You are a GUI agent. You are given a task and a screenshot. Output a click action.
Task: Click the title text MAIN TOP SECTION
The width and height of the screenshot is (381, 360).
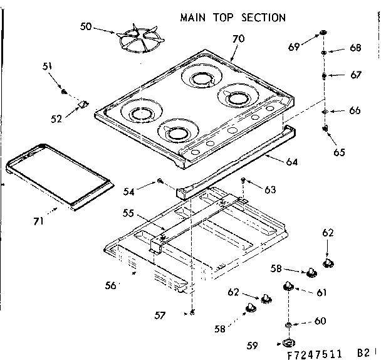[x=232, y=18]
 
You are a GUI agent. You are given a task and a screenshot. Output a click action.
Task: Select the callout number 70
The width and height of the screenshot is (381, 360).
[x=238, y=39]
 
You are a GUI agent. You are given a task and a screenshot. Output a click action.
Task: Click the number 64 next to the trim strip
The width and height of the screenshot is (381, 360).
[x=291, y=162]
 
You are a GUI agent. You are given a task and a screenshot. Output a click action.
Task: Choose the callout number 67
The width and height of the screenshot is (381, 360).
[x=355, y=75]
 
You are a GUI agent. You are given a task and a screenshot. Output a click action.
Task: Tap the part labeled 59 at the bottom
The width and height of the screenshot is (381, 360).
[x=289, y=343]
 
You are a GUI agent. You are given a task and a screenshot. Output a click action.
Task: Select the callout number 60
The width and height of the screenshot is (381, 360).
[x=320, y=321]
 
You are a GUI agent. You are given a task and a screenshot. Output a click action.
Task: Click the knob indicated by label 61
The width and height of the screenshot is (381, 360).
[x=288, y=286]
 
